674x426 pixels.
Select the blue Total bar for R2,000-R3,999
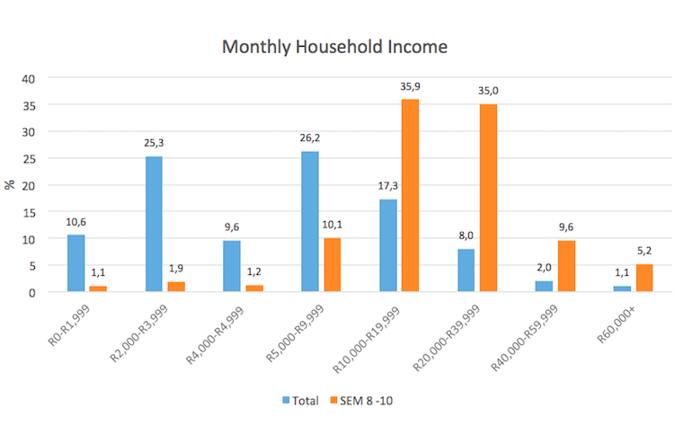[x=154, y=225]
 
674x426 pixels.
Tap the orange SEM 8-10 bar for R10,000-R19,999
[x=410, y=196]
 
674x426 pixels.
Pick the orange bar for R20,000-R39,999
[x=488, y=198]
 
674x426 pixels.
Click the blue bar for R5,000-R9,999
[x=309, y=222]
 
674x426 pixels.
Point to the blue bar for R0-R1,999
[x=75, y=263]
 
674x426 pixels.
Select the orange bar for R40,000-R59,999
[x=566, y=266]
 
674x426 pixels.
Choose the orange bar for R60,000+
[x=643, y=278]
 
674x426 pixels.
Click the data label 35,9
[x=410, y=86]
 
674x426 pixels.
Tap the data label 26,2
[x=309, y=138]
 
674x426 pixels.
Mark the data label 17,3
[x=387, y=186]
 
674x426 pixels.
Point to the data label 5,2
[x=644, y=251]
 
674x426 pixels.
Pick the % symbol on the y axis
[x=10, y=185]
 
